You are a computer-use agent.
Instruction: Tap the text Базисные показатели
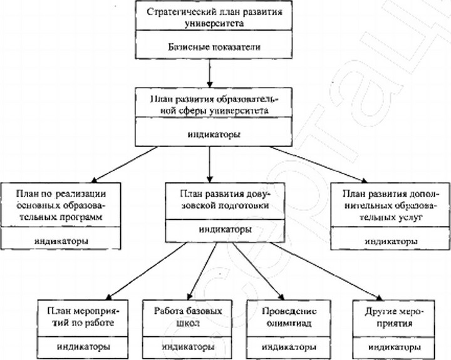click(214, 47)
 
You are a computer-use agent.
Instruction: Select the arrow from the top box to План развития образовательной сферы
click(210, 73)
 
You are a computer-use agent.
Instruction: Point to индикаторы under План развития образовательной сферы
click(214, 134)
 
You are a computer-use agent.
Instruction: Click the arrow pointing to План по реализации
click(124, 165)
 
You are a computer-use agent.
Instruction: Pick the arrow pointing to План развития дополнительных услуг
click(318, 165)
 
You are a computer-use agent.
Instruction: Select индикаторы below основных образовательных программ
click(61, 240)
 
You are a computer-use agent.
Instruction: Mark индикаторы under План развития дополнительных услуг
click(391, 241)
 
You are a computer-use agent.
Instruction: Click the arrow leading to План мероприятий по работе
click(146, 272)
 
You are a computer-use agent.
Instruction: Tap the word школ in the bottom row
click(187, 323)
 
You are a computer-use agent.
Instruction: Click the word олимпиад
click(289, 323)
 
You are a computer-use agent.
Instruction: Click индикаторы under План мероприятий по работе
click(83, 347)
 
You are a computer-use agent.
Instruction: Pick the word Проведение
click(289, 311)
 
